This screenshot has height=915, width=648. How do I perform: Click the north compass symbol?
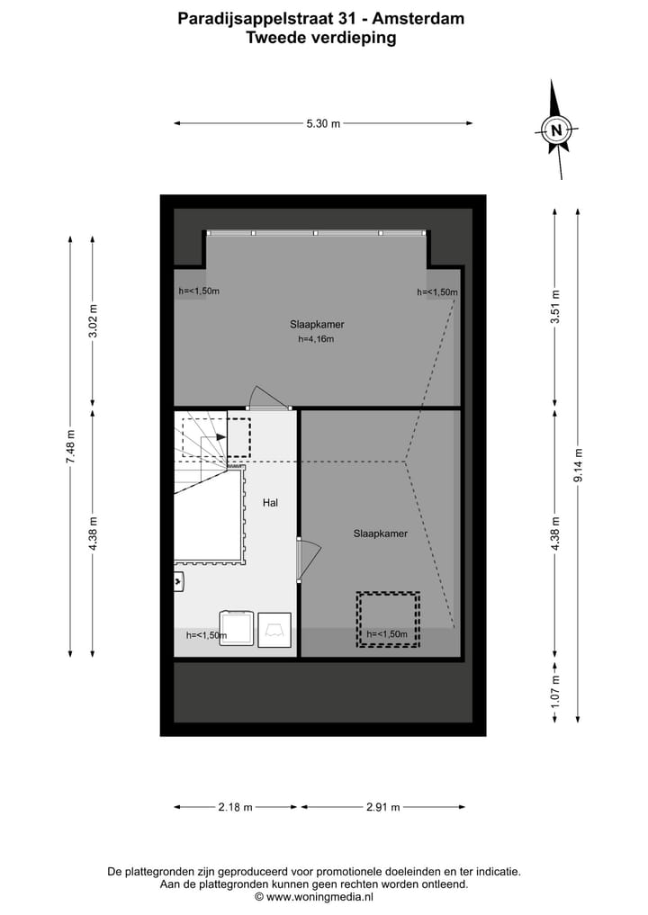click(557, 130)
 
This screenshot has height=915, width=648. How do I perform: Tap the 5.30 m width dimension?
click(323, 124)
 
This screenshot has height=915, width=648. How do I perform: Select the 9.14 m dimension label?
click(578, 465)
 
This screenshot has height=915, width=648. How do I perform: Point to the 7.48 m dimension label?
click(70, 446)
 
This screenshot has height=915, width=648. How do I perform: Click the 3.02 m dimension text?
click(93, 321)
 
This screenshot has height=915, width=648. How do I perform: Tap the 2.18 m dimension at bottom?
click(235, 807)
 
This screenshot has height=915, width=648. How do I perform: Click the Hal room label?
click(270, 503)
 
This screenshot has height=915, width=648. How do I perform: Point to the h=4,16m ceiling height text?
click(316, 339)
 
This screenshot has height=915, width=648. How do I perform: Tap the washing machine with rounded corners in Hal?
click(237, 628)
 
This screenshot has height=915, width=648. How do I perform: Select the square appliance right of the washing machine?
click(275, 629)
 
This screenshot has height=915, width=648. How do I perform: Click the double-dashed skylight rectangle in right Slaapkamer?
click(388, 619)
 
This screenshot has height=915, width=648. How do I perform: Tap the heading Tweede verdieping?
click(321, 37)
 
